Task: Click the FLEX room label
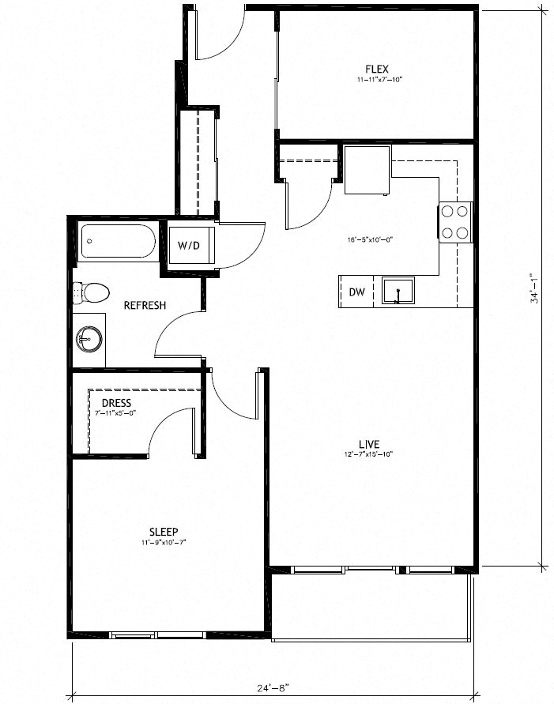[377, 68]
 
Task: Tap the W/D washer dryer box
[189, 245]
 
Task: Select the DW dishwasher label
[357, 292]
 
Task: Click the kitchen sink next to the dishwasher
[398, 291]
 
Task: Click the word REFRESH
[145, 306]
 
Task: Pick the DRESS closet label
[116, 403]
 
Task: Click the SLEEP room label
[164, 531]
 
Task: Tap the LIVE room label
[369, 443]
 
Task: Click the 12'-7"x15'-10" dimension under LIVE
[369, 454]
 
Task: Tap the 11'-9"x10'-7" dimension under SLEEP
[164, 542]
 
